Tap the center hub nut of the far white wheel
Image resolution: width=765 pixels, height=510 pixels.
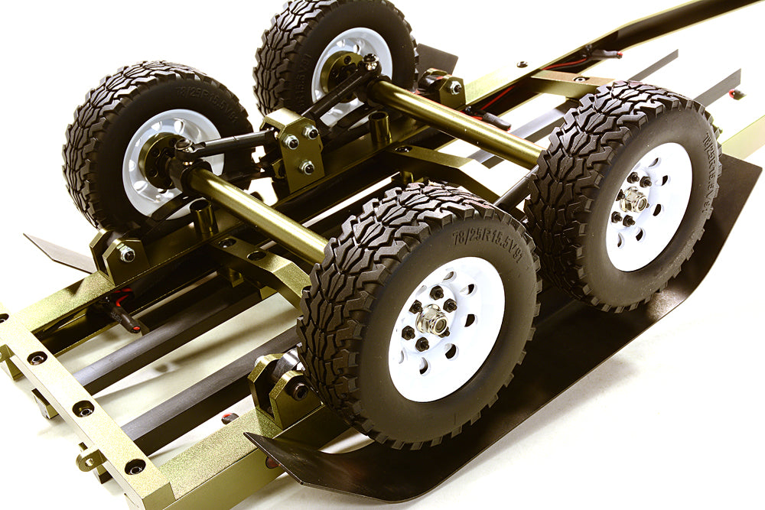click(634, 201)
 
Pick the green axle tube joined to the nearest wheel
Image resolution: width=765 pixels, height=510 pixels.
click(252, 213)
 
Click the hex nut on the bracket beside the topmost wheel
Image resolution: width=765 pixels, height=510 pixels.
click(454, 87)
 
